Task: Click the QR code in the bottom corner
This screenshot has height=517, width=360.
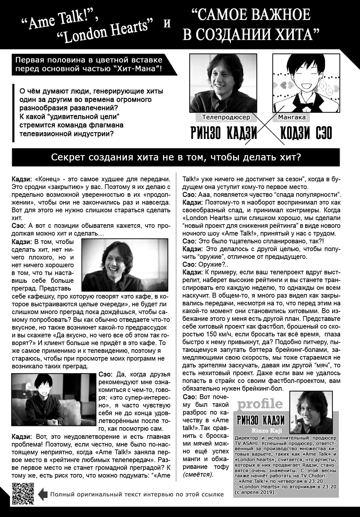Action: [23, 493]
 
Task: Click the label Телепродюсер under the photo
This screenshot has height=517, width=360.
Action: [226, 117]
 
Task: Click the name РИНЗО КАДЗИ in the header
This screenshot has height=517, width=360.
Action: [224, 133]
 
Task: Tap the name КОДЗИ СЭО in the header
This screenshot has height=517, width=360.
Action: [306, 133]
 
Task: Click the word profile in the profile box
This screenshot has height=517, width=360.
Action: [260, 404]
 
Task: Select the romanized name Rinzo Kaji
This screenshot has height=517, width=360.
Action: [264, 430]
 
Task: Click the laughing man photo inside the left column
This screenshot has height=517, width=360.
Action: [125, 265]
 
